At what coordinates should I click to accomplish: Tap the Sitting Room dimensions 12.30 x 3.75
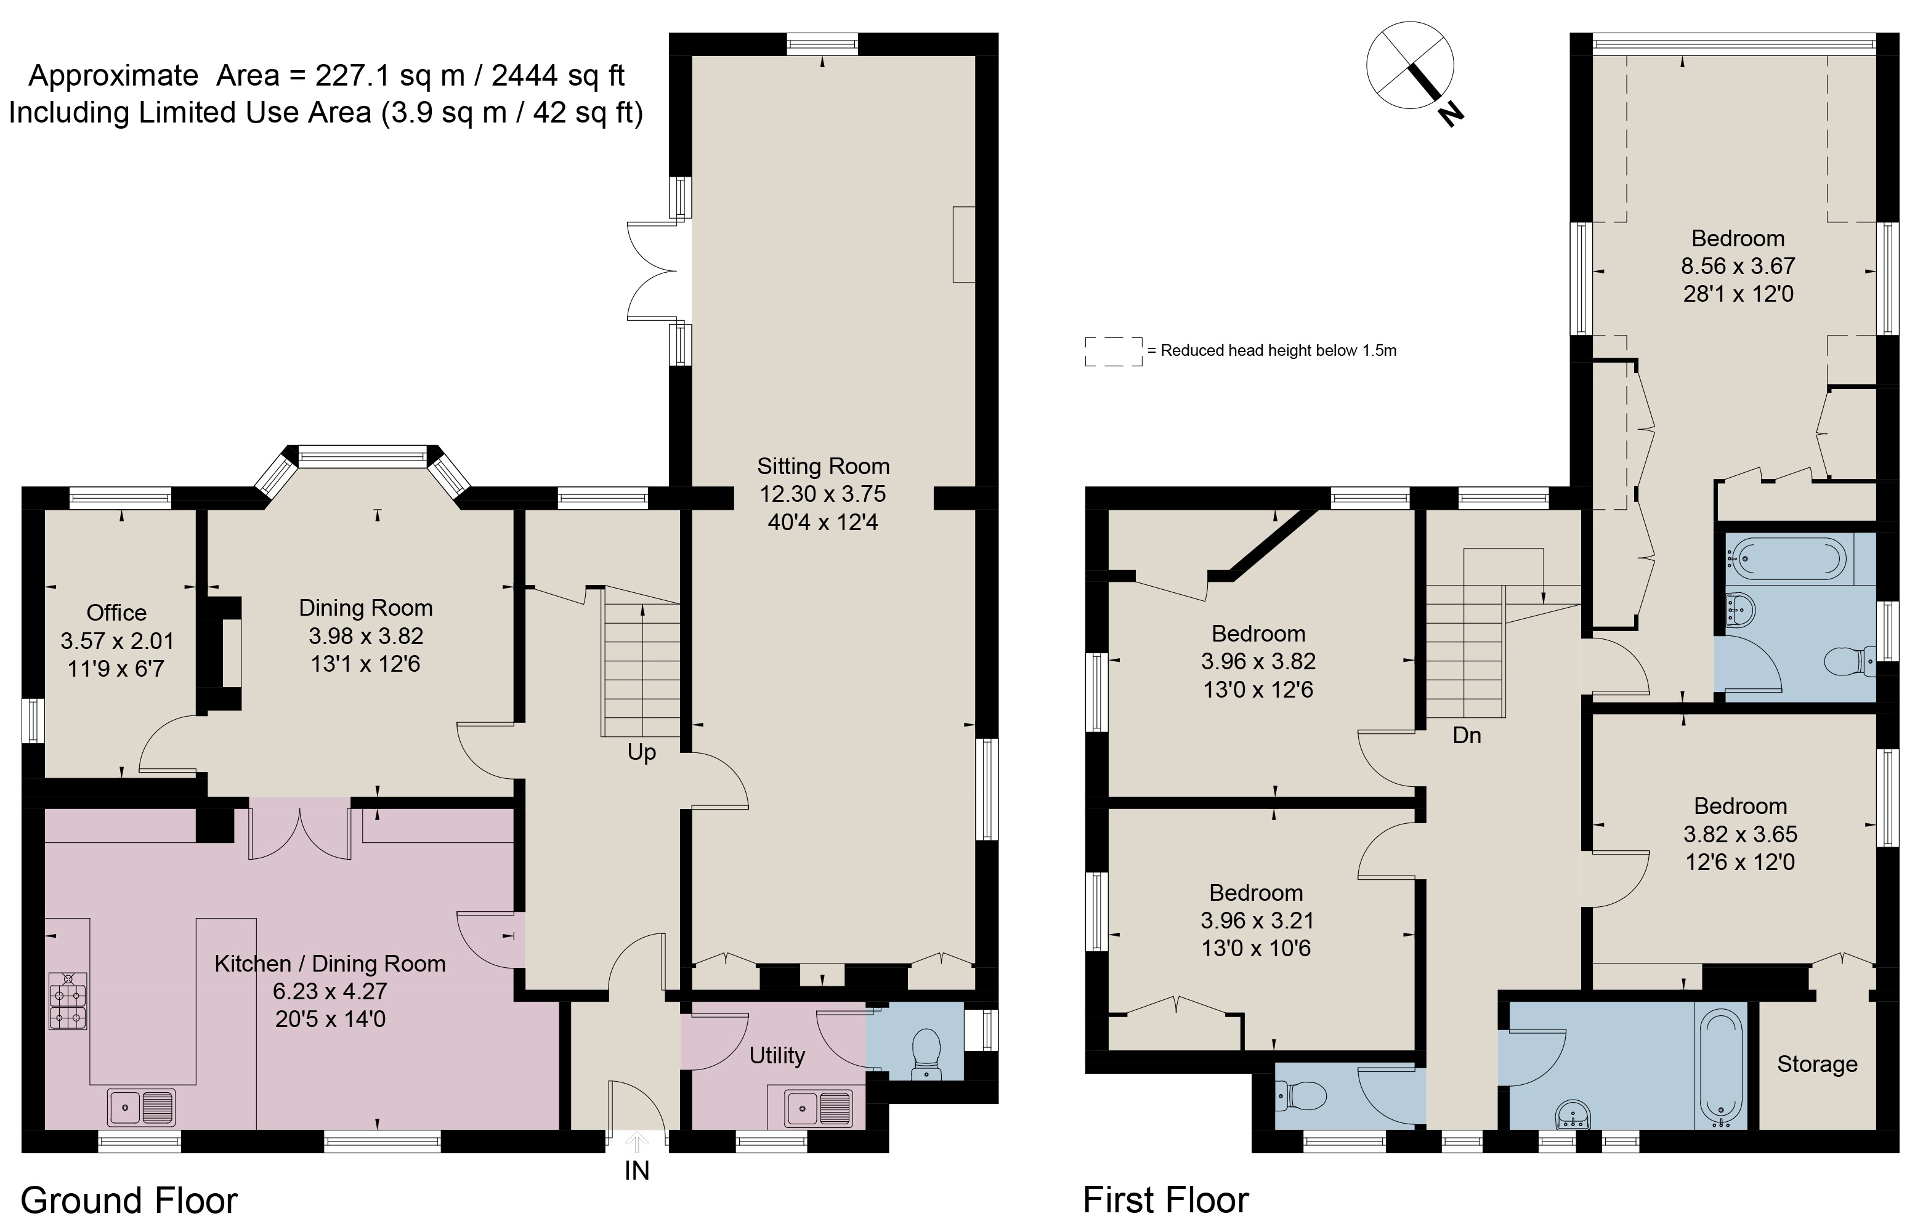pos(823,494)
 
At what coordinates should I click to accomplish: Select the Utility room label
pos(776,1056)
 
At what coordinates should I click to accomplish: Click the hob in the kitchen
pos(68,1000)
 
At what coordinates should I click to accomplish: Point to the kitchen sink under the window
pos(142,1107)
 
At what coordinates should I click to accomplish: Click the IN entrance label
pos(636,1171)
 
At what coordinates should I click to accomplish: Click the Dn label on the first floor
pos(1466,736)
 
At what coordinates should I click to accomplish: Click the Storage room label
pos(1816,1065)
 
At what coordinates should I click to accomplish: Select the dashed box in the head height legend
pos(1113,351)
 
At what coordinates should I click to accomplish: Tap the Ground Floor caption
pos(129,1201)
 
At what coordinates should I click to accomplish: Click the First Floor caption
pos(1165,1200)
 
